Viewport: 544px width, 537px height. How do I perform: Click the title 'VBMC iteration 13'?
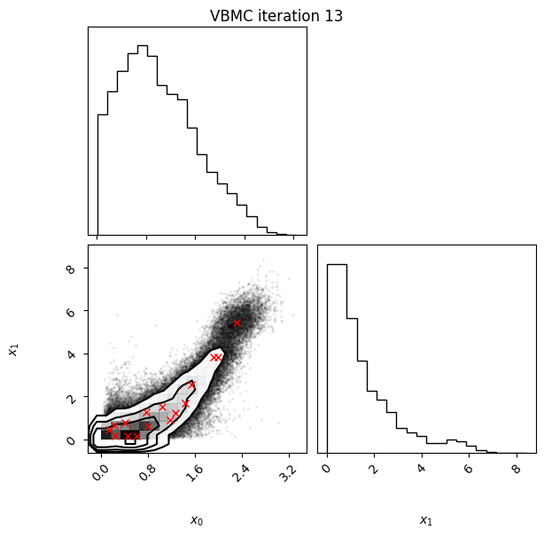pos(276,16)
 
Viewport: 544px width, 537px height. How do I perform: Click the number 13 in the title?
pos(333,16)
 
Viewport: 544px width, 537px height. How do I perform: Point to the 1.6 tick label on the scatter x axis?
pos(195,472)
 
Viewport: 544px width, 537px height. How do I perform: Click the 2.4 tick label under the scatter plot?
pos(242,472)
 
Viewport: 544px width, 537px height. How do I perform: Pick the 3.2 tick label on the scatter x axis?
pos(289,472)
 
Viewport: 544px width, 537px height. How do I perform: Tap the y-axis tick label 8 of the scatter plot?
pos(70,268)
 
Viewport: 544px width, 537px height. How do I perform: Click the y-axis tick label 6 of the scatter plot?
pos(70,312)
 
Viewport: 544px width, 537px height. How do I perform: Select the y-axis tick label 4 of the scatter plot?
pos(70,354)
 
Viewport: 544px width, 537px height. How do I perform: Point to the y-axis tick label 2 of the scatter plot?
pos(70,397)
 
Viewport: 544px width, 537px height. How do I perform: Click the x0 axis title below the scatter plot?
pos(197,520)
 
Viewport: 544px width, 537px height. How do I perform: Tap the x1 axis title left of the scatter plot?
pos(13,349)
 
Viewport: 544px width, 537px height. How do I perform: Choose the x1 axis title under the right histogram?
pos(426,520)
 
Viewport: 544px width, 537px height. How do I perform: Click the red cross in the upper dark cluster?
pos(237,323)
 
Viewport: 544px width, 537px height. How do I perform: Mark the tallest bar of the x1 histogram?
pos(337,358)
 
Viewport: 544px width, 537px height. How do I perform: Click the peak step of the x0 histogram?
pos(143,46)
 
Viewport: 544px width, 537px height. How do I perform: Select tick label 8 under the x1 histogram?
pos(517,469)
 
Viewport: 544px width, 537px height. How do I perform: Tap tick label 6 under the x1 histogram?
pos(469,469)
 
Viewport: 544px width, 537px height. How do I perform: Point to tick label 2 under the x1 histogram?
pos(374,469)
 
